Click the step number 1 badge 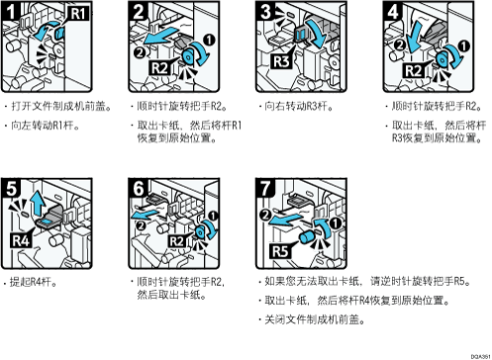pos(10,11)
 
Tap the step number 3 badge pos(265,11)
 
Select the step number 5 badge pos(11,189)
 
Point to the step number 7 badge pos(265,189)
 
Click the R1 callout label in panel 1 pos(78,14)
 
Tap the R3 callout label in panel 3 pos(281,61)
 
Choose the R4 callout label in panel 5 pos(21,240)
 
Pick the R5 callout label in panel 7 pos(280,251)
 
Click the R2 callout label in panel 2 pos(160,68)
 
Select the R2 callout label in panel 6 pos(177,241)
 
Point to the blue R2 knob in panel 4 pos(443,58)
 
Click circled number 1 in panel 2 pos(209,41)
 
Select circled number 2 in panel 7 pos(265,216)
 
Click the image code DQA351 pos(480,356)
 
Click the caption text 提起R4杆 pos(33,282)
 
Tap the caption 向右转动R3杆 pos(299,106)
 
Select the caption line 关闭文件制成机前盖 pos(314,319)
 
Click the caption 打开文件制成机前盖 pos(61,106)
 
